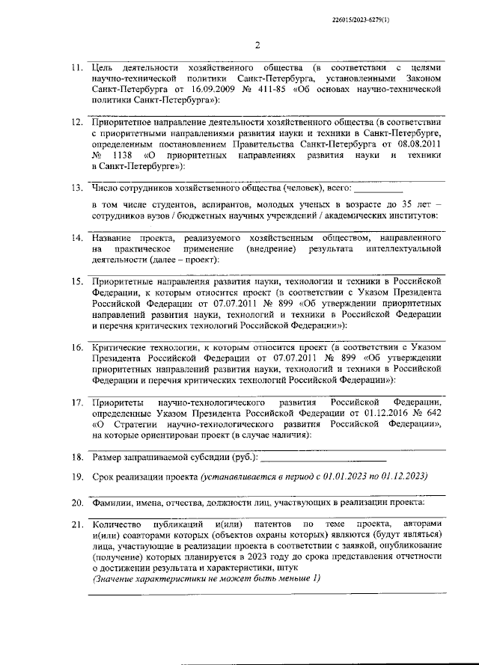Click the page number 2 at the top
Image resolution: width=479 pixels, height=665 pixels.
[257, 45]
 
